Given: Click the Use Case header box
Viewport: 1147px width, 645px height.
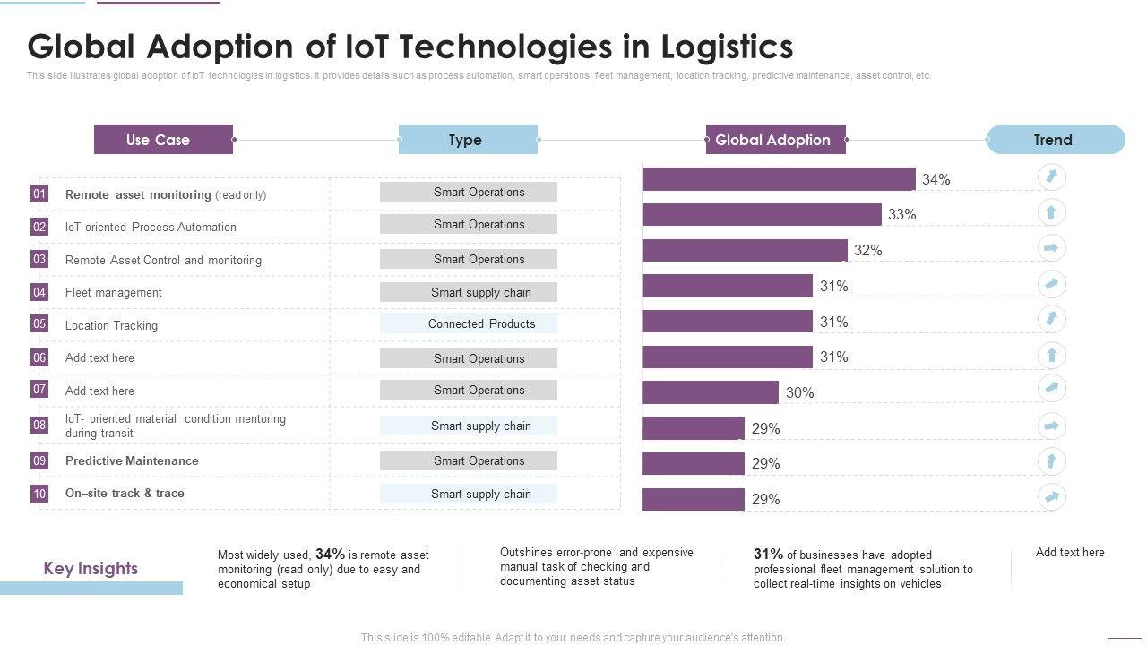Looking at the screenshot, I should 163,140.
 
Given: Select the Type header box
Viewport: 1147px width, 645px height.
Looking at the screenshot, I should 468,140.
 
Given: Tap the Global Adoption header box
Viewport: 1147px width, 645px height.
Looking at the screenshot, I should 775,140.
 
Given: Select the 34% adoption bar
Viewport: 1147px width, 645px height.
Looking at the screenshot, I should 779,179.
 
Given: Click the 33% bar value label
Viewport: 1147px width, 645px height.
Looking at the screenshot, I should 902,215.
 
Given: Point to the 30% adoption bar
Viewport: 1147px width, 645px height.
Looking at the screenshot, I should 710,392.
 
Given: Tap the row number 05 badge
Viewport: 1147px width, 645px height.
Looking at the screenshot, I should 39,324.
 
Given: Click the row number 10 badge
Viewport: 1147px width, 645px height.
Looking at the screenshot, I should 39,494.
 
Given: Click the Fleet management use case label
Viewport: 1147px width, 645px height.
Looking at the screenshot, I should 114,293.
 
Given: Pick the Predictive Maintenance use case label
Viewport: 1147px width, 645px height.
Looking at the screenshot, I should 132,461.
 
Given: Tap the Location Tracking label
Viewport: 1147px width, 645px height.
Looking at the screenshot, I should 111,326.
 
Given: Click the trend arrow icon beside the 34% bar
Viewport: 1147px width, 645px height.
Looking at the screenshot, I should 1051,176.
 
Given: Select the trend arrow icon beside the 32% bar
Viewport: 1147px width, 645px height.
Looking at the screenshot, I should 1051,247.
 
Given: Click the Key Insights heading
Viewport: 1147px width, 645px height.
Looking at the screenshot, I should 91,569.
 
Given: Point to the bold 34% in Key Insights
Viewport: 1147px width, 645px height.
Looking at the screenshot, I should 330,555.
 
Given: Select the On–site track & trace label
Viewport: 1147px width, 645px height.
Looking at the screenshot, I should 125,494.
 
